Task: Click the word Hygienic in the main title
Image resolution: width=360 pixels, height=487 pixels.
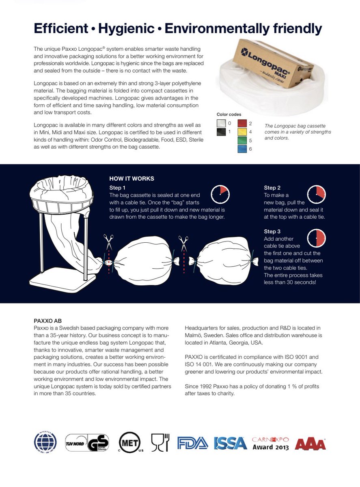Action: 126,28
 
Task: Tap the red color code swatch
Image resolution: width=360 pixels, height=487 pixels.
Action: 242,123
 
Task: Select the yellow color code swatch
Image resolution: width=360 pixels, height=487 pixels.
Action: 242,132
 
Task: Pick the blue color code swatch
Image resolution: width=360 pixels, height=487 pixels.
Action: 242,149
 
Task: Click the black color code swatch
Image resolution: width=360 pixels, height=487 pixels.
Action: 222,132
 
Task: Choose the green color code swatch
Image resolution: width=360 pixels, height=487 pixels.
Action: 242,140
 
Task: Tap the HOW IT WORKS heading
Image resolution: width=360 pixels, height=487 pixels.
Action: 131,179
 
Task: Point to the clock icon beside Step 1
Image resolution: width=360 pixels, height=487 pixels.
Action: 220,194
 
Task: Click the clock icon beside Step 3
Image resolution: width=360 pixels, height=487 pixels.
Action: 317,238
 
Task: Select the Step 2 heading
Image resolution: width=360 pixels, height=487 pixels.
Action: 272,188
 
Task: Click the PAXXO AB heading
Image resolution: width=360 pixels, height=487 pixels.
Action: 47,321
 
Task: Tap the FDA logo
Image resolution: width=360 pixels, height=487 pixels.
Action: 192,443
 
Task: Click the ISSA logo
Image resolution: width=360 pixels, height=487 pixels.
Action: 230,443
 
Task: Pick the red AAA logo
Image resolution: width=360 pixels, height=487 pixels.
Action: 310,444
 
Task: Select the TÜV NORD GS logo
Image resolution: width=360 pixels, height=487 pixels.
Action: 87,443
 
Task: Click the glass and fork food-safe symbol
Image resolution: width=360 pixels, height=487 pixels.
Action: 160,442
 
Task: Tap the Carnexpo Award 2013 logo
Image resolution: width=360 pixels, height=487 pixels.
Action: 270,443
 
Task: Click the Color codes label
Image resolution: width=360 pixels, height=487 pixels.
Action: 229,114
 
